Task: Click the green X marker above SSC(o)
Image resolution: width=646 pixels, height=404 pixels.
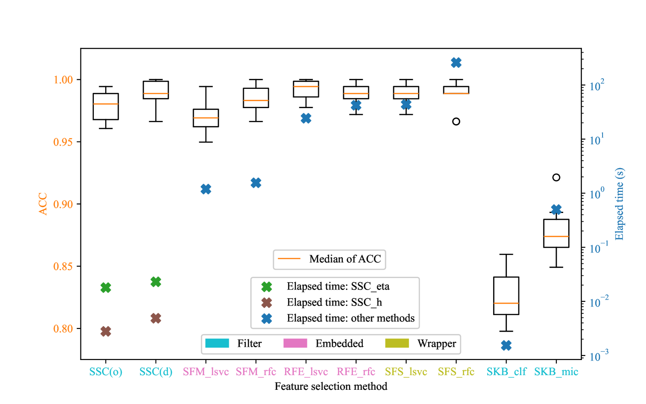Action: click(x=106, y=288)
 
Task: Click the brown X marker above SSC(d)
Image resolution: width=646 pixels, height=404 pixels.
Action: click(x=156, y=318)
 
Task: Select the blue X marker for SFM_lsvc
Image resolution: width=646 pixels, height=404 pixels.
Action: click(x=206, y=189)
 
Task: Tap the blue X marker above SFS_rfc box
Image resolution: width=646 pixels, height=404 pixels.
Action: click(x=456, y=63)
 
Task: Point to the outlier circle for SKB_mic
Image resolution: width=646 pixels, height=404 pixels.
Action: click(x=556, y=177)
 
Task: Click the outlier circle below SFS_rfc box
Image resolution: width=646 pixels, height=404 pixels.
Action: click(x=456, y=121)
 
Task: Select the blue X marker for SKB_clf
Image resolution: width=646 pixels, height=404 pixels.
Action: click(x=506, y=345)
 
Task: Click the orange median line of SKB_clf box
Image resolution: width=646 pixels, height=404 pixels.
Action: click(x=506, y=303)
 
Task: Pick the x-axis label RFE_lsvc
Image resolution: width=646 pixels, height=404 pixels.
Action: click(x=306, y=371)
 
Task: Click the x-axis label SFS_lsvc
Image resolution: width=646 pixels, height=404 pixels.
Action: click(x=406, y=371)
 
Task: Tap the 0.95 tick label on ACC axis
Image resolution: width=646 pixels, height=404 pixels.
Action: click(x=63, y=142)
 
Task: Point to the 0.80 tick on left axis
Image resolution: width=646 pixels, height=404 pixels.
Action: click(x=63, y=329)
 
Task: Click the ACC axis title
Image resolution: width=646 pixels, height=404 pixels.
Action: click(x=43, y=204)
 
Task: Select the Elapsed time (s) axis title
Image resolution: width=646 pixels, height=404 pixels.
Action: click(x=619, y=204)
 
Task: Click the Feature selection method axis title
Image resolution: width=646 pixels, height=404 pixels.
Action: click(x=331, y=386)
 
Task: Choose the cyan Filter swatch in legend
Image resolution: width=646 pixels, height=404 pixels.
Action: click(x=217, y=344)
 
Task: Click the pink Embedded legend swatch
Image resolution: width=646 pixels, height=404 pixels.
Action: click(x=295, y=344)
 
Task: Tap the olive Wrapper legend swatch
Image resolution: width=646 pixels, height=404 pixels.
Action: click(x=397, y=344)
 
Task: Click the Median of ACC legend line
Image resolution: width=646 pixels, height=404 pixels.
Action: click(x=289, y=259)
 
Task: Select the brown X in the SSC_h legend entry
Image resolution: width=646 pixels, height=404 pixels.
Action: click(x=267, y=302)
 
